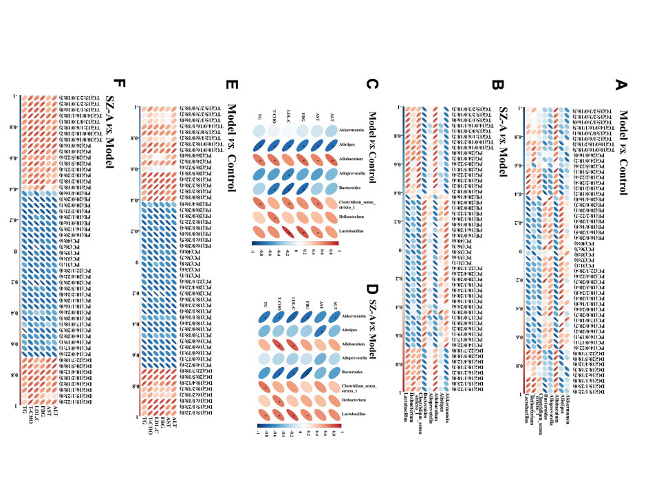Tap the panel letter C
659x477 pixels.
click(x=372, y=85)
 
